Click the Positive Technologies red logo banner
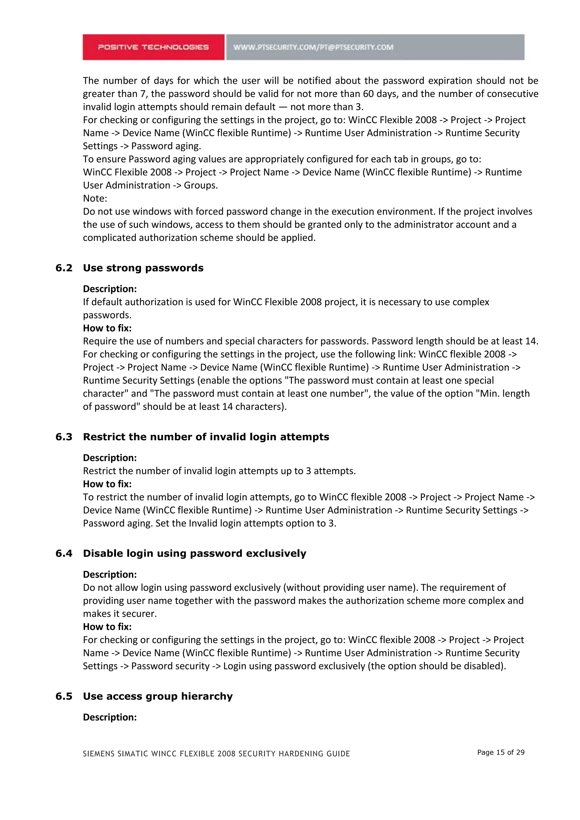pos(153,47)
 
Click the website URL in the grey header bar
pos(313,47)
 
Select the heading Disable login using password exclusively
pos(194,553)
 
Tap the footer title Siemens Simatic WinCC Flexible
pos(216,753)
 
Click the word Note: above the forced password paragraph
pos(95,198)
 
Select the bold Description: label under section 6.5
pos(110,717)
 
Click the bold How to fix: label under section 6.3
pos(107,484)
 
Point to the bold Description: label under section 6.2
pos(110,289)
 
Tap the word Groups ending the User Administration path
pos(200,185)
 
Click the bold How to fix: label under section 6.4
pos(107,627)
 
